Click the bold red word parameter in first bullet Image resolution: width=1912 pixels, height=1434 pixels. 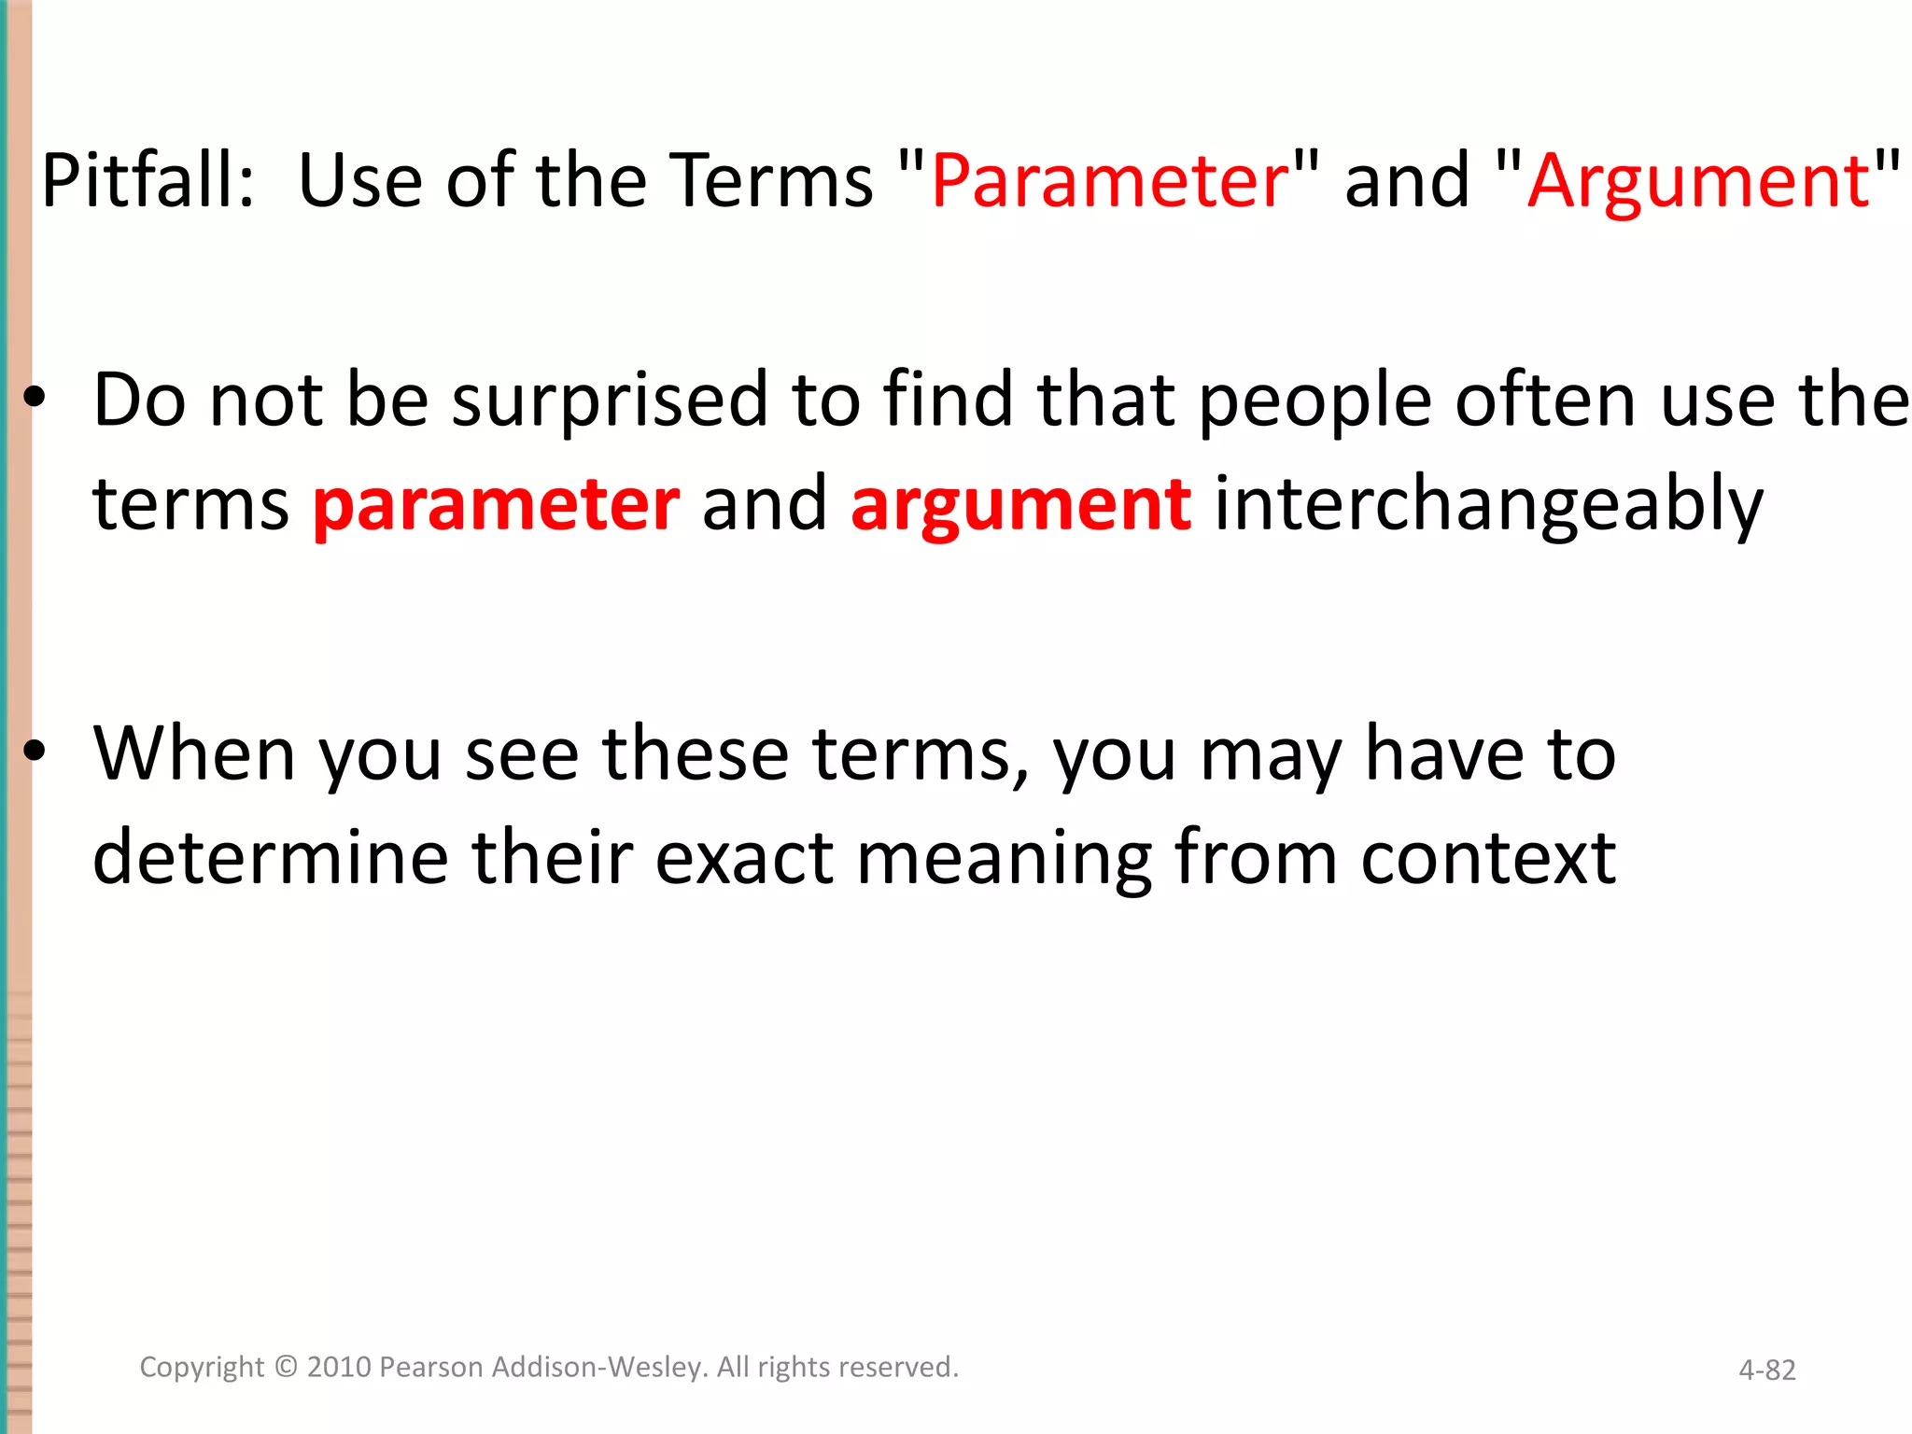pyautogui.click(x=496, y=504)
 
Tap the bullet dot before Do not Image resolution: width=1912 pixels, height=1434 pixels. pyautogui.click(x=35, y=399)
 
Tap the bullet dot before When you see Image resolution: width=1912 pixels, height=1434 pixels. pyautogui.click(x=35, y=752)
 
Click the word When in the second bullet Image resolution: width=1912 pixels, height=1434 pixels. pyautogui.click(x=194, y=753)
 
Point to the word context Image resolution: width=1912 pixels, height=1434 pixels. pyautogui.click(x=1488, y=857)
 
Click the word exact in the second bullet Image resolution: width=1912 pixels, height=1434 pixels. pyautogui.click(x=744, y=857)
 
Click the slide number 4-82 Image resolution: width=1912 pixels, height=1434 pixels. pyautogui.click(x=1766, y=1370)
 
